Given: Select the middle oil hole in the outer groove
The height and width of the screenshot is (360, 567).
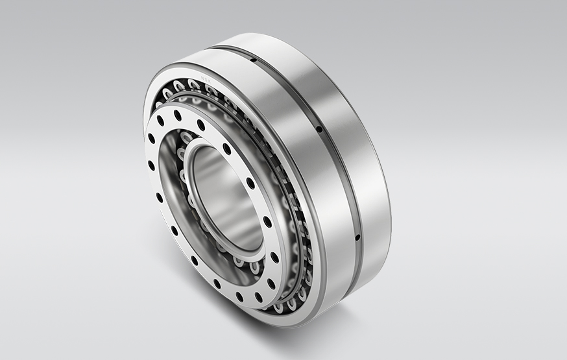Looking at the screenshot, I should tap(319, 129).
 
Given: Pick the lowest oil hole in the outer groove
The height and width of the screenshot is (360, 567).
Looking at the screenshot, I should tap(357, 237).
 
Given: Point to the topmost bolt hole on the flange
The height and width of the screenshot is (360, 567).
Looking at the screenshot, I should tap(178, 115).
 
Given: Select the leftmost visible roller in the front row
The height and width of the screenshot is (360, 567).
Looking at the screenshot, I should tap(159, 103).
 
